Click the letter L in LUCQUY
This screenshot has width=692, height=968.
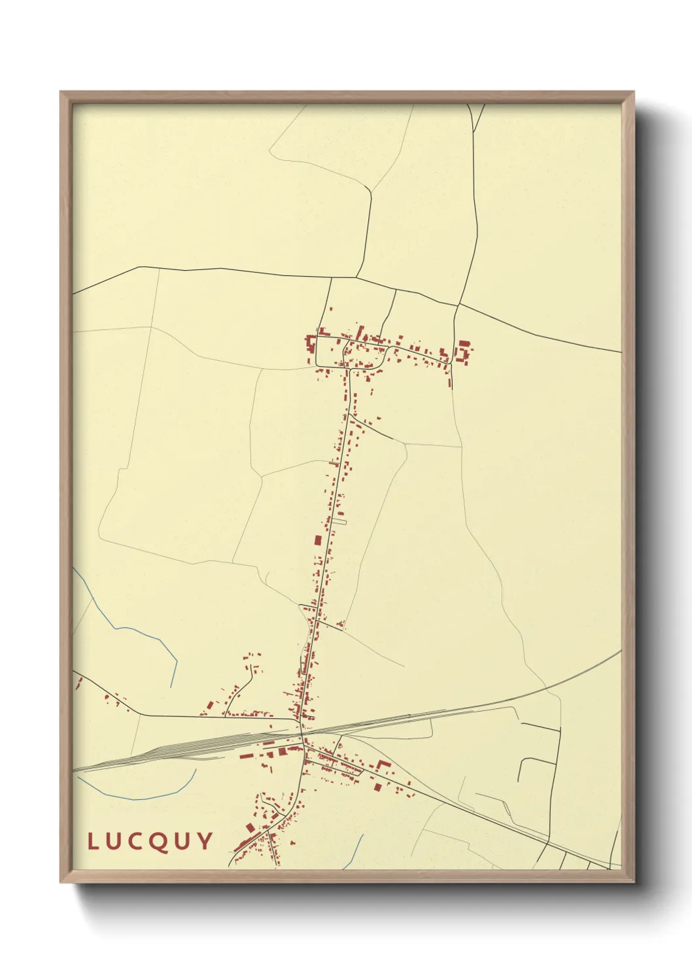[93, 841]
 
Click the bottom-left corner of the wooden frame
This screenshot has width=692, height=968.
[61, 881]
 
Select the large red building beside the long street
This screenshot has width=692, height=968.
[318, 540]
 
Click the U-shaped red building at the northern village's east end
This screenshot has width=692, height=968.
[463, 351]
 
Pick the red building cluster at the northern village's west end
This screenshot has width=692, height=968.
[309, 345]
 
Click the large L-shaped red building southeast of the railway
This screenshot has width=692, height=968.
[382, 765]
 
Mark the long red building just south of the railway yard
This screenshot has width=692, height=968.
[247, 757]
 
